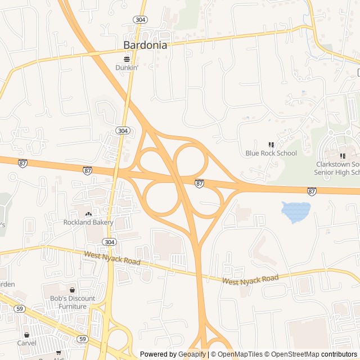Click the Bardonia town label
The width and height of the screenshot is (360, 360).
coord(145,46)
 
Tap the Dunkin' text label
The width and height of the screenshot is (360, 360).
coord(127,67)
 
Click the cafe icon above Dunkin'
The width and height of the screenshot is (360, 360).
coord(127,58)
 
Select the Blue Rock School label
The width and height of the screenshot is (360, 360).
coord(271,153)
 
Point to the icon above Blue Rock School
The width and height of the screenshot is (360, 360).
coord(271,145)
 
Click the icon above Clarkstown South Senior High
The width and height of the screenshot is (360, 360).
coord(343,155)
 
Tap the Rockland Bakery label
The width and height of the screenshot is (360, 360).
coord(88,222)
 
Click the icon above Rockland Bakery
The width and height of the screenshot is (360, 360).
coord(88,214)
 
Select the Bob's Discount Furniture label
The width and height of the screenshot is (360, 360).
coord(72,302)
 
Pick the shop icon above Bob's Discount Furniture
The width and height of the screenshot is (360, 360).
coord(72,290)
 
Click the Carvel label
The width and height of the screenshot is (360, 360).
coord(26,343)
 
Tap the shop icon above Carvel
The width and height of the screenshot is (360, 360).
coord(26,335)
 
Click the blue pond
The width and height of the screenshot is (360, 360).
coord(296,211)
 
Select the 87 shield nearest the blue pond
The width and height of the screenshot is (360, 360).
coord(312,191)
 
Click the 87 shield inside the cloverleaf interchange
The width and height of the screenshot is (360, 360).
coord(200,183)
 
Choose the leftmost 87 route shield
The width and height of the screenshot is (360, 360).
coord(22,163)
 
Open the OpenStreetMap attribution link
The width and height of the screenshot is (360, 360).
coord(293,354)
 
